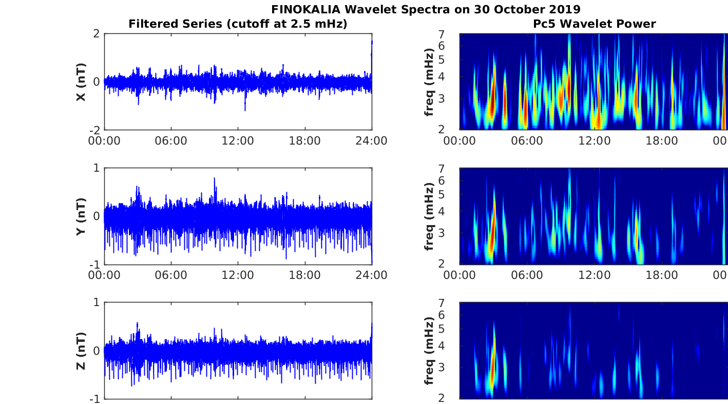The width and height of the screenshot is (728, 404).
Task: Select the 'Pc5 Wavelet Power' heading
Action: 594,24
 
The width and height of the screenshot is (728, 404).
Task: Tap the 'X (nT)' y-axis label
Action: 81,82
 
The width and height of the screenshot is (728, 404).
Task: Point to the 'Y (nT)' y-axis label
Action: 81,216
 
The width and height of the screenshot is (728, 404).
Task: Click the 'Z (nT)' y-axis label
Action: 81,351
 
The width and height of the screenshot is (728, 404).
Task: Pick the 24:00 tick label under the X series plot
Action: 372,141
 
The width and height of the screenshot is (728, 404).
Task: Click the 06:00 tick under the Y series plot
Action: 171,275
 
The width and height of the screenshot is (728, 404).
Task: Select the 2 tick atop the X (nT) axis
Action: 96,34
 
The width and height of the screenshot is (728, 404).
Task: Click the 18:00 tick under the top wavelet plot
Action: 662,141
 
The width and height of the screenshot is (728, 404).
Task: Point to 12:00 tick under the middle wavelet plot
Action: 595,275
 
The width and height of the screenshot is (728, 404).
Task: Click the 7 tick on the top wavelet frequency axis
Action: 452,34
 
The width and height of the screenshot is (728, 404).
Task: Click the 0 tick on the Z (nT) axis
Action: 96,351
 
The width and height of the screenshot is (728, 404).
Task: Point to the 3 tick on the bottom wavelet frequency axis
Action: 452,367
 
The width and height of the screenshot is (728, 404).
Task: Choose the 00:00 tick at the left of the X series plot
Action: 104,141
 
